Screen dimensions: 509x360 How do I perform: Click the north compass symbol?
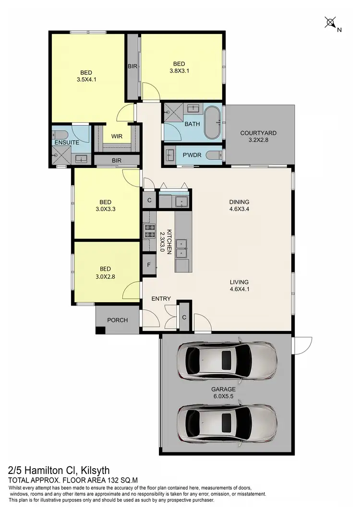(331, 23)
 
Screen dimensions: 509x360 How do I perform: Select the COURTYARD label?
(258, 133)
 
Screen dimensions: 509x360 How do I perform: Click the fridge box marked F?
(149, 264)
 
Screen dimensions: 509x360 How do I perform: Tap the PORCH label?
(117, 320)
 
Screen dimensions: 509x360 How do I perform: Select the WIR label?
(117, 136)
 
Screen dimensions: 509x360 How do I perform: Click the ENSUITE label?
(67, 142)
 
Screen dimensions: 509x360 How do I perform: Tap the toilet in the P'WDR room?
(214, 155)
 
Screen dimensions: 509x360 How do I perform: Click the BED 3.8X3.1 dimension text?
(179, 70)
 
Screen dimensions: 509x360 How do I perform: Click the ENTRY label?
(161, 299)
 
